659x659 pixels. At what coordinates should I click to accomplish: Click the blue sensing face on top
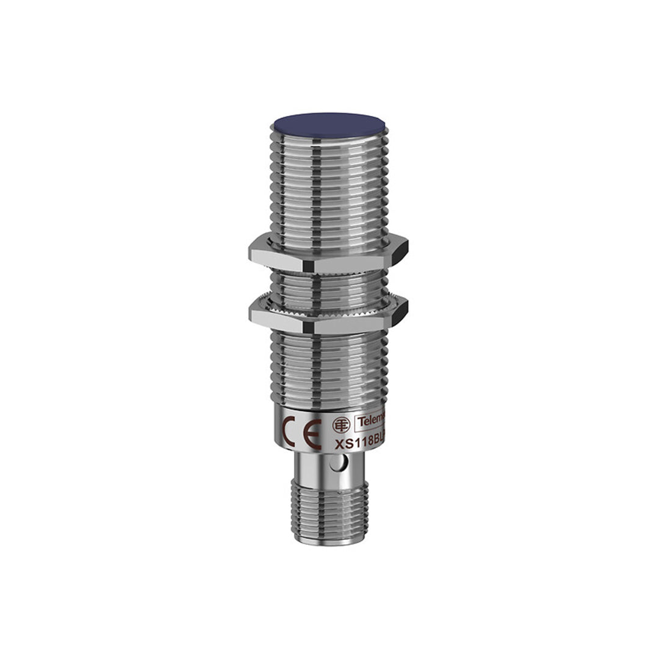[328, 124]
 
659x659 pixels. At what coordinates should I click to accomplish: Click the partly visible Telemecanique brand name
[372, 421]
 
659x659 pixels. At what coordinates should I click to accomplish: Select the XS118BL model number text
[360, 444]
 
